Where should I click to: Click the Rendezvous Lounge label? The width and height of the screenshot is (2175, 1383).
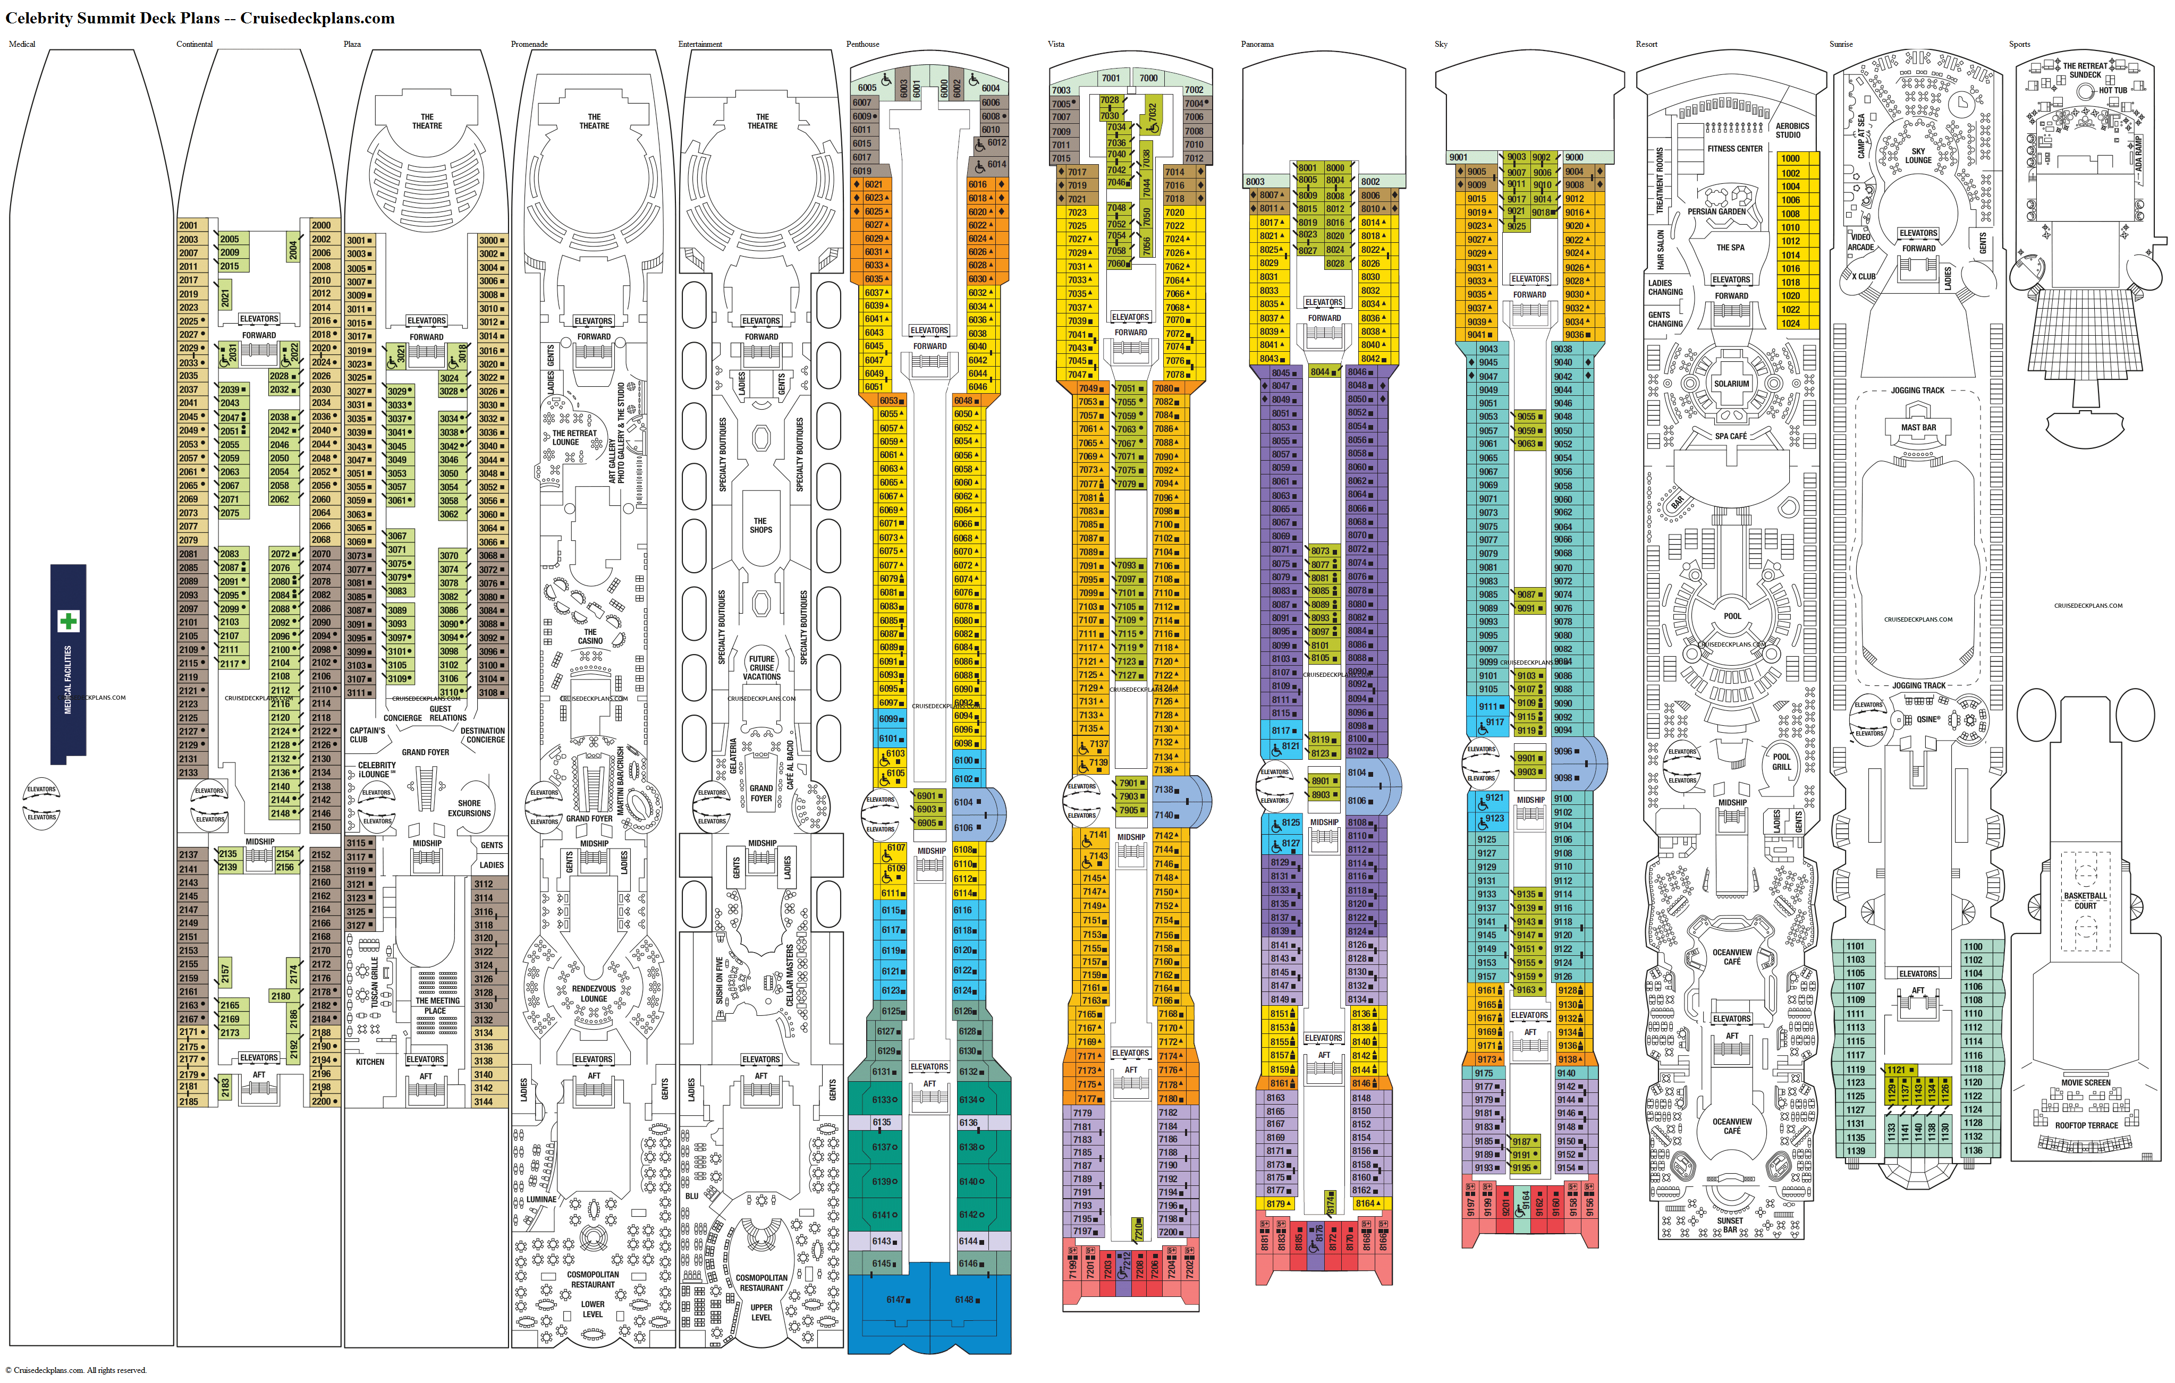click(594, 994)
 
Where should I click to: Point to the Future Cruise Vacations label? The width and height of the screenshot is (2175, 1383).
click(761, 667)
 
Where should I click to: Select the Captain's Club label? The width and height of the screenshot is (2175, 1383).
click(367, 734)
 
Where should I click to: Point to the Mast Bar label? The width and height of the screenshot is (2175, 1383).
click(1918, 427)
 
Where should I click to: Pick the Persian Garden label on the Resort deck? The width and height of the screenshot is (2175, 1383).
click(1716, 211)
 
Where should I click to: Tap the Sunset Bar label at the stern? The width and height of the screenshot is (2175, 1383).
click(1730, 1225)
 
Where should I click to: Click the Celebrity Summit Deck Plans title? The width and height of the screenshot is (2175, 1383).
click(200, 18)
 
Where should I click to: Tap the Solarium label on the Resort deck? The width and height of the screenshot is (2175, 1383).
click(1731, 383)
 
